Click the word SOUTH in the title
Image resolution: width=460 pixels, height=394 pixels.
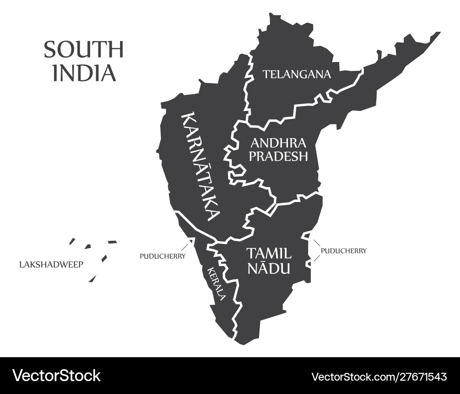point(84,50)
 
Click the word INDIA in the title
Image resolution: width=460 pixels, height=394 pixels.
point(84,73)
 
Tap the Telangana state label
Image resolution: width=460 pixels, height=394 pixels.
point(297,74)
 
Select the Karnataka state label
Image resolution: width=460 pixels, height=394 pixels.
point(201,166)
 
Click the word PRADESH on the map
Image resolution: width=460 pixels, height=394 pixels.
point(278,156)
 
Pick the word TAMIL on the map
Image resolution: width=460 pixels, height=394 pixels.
point(269,253)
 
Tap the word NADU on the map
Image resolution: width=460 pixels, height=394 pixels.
point(269,268)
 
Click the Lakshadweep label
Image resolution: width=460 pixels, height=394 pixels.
point(51,265)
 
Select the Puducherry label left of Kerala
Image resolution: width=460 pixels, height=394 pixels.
point(162,256)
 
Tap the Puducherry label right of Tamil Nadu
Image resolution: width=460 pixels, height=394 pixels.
point(344,251)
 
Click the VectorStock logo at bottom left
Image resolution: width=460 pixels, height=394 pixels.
point(56,375)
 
